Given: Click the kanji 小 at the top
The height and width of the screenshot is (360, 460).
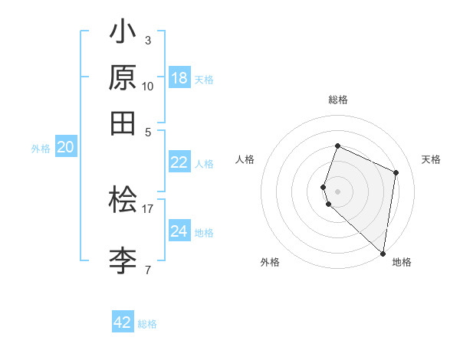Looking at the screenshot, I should point(123,34).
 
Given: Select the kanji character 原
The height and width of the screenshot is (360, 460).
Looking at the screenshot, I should point(123,78).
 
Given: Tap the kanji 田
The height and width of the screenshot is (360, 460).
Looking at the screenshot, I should point(123,123).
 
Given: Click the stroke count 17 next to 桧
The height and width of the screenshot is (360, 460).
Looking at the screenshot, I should point(147,208).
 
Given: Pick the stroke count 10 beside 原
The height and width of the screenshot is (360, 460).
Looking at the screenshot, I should point(147,86).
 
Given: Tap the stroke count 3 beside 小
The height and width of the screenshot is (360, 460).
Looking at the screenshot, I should point(147,40).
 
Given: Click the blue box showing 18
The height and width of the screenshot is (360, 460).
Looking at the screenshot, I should point(179,78).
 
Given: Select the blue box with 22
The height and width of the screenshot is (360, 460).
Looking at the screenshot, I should point(179,162).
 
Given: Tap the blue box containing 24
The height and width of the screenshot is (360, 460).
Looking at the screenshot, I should point(179,231).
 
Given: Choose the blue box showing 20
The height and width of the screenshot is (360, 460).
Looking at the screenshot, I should point(65,148).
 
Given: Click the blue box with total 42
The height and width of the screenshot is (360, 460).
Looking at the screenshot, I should point(123,322).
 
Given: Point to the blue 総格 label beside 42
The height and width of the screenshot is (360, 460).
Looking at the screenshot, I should point(147,324).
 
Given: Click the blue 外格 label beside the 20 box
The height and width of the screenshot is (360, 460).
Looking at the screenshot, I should point(41,149).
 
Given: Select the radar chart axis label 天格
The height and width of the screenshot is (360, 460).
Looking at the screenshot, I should point(431,159).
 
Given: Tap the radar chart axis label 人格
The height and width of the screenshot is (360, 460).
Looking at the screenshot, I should point(245,159).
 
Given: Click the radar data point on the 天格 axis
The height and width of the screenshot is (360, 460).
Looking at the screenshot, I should point(396,172).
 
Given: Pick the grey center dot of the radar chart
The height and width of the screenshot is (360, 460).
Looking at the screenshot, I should point(337,191).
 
